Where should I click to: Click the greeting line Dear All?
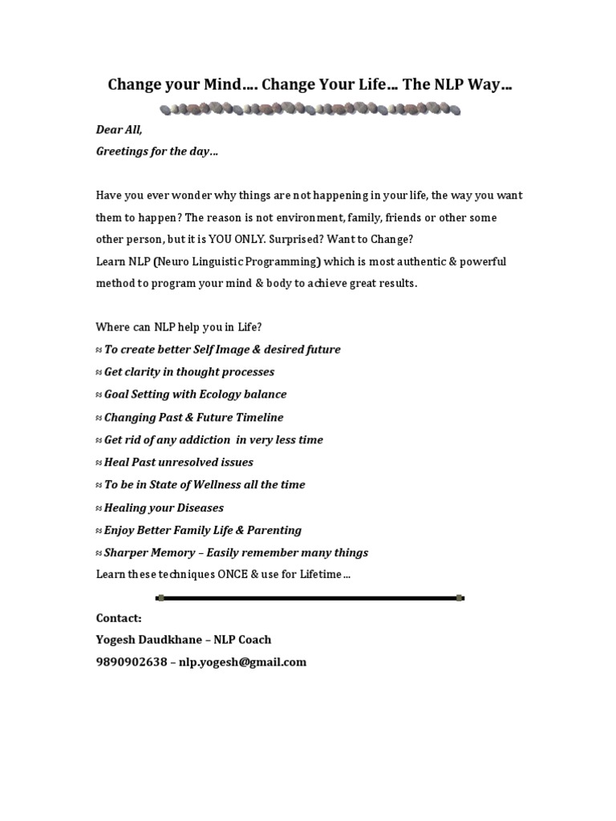point(120,130)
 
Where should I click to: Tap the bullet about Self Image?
point(222,350)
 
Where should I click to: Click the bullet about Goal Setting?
point(195,394)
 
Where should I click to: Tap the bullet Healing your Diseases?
point(164,508)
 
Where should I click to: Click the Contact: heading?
point(119,618)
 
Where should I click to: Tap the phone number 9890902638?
point(132,662)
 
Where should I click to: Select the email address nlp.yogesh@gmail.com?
point(242,662)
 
